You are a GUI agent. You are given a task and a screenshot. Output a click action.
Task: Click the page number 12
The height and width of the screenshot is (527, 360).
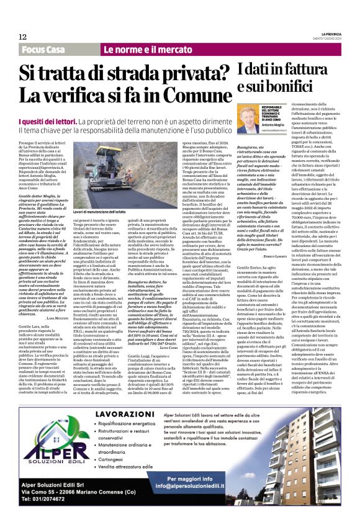point(22,37)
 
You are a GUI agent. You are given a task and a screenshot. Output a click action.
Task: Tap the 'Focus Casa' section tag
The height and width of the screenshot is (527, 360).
point(43,49)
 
